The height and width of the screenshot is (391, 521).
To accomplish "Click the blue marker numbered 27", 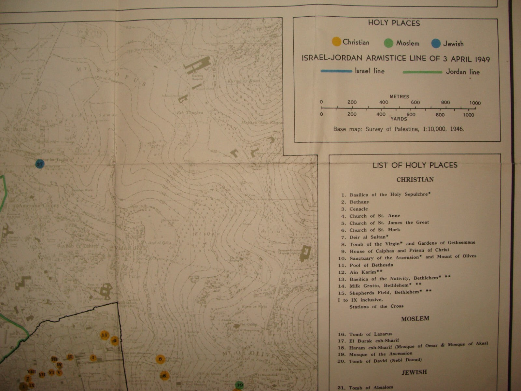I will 39,164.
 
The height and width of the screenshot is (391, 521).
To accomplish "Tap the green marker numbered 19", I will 239,385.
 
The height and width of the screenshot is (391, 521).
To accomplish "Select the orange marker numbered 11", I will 105,335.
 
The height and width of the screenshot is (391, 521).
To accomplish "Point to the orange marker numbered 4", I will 114,341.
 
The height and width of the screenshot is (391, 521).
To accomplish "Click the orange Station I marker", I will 93,358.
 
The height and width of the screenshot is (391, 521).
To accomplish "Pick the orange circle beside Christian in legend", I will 336,42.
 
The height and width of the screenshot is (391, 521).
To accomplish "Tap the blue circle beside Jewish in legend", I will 436,43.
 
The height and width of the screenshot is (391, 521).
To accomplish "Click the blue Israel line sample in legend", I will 336,71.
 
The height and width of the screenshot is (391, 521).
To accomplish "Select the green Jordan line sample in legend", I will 422,72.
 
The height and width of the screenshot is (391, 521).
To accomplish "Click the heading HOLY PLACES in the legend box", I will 394,23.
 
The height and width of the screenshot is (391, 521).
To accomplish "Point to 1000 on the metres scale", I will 475,103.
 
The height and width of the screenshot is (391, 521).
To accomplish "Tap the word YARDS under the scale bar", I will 399,119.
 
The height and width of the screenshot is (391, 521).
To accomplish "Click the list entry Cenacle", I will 359,209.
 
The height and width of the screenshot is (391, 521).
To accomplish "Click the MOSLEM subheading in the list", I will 415,318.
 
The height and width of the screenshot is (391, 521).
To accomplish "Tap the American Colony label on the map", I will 39,206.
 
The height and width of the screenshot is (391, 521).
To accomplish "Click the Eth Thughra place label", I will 195,113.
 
